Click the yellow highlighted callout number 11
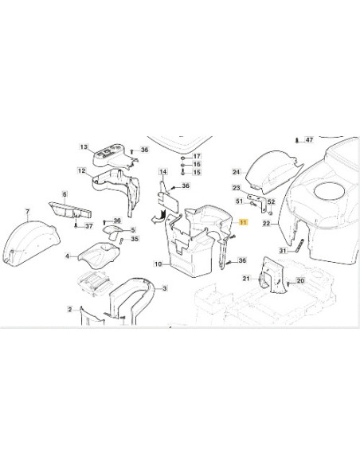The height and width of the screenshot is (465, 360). pos(243,222)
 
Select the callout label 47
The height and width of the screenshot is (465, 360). pos(309,139)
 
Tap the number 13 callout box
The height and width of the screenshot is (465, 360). pos(84,147)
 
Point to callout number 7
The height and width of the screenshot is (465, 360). pos(28,212)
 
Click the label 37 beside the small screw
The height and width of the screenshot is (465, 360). pos(89,226)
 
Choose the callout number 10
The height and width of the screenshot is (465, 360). pos(158,264)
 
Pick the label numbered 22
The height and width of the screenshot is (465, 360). pos(266,223)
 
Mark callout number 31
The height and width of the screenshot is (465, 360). pos(284,251)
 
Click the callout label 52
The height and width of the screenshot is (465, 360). pos(272,202)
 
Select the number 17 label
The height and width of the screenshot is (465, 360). pos(197,156)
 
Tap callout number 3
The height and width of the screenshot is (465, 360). pos(165,288)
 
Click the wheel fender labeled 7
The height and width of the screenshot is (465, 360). pos(30,244)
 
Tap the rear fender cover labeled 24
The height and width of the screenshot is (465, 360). pos(273,170)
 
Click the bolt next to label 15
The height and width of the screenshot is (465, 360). pos(183,172)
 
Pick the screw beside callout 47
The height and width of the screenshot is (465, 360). pos(297,140)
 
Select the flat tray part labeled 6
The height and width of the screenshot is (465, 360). pos(70,209)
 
